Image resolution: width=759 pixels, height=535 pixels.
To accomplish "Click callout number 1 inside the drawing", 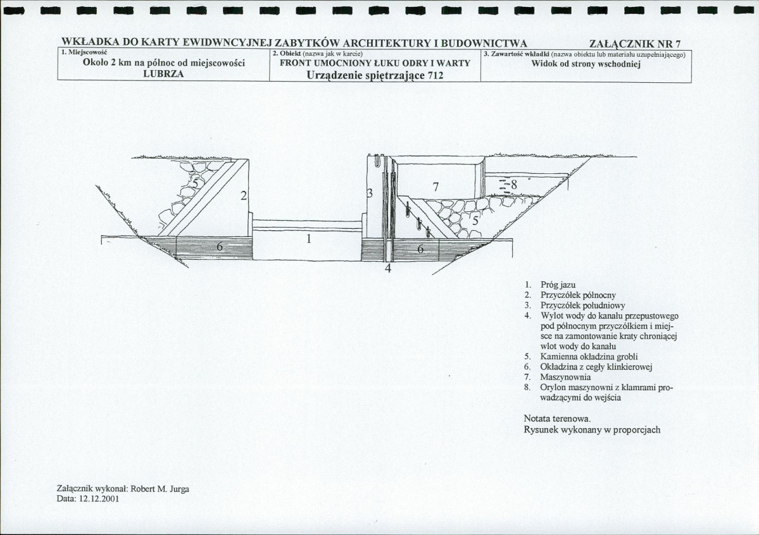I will point(309,239).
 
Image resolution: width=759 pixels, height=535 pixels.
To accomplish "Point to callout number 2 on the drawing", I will point(243,195).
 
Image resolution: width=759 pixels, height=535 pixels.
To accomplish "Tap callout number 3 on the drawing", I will point(370,192).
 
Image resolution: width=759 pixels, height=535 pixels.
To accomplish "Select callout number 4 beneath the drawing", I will point(388,268).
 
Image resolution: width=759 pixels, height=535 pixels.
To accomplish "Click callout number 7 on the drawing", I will point(435,186).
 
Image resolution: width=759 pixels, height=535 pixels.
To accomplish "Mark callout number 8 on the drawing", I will point(514,185).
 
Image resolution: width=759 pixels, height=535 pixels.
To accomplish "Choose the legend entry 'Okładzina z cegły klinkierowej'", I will point(596,367).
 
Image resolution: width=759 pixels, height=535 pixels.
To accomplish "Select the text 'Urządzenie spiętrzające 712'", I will point(375,75).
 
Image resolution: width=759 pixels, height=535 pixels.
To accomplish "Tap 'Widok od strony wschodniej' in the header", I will point(586,64).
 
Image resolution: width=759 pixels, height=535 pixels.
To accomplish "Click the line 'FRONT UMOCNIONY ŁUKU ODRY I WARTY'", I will point(375,63).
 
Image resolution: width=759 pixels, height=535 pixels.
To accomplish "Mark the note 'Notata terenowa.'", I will point(557,419).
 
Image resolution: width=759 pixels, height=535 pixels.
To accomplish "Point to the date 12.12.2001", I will point(98,498).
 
